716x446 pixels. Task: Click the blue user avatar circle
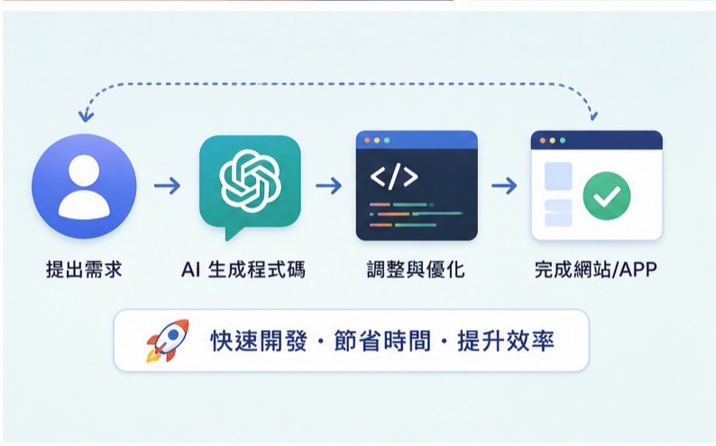pos(84,187)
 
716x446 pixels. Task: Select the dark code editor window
pos(417,186)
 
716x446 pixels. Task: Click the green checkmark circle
pos(607,196)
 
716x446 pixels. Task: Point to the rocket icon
pos(168,341)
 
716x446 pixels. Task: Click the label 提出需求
pos(84,269)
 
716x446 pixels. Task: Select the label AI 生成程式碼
pos(243,269)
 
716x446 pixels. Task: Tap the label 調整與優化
pos(416,269)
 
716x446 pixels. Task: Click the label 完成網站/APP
pos(596,269)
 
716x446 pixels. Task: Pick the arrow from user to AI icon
pos(167,186)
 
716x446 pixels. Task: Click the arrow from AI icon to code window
pos(329,186)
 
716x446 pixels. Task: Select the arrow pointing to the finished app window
pos(504,186)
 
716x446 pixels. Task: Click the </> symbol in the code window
pos(393,177)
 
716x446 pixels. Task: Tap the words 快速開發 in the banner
pos(259,341)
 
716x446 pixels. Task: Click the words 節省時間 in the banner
pos(382,341)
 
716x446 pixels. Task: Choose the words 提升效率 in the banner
pos(506,341)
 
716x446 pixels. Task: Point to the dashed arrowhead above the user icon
pos(86,116)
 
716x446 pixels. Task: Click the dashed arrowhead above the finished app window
pos(593,115)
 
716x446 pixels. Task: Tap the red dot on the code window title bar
pos(367,141)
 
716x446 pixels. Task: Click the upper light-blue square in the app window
pos(558,176)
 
